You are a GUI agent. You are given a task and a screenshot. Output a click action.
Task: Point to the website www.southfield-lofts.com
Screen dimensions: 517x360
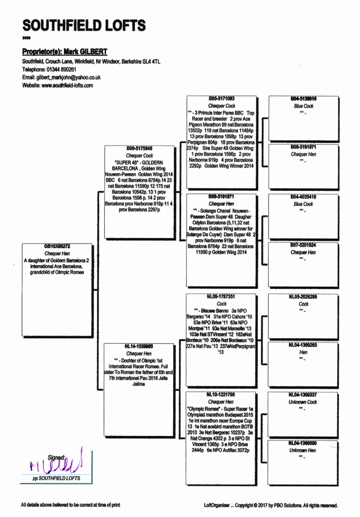[x=57, y=86]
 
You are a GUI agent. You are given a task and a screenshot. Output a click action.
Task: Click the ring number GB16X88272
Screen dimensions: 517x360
[x=57, y=246]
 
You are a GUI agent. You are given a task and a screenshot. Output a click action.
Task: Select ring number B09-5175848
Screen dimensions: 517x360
[x=140, y=148]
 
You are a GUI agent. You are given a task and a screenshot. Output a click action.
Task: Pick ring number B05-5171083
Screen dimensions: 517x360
[x=222, y=98]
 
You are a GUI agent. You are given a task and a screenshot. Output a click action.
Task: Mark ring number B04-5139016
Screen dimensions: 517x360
[x=304, y=98]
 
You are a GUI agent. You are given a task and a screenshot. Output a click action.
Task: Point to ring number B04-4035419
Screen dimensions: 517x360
[x=304, y=197]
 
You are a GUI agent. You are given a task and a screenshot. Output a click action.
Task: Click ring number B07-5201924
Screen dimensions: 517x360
[x=304, y=245]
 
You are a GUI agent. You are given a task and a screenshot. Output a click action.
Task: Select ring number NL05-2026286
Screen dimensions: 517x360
[x=304, y=297]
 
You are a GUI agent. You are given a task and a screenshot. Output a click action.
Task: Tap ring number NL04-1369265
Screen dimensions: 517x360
[x=304, y=345]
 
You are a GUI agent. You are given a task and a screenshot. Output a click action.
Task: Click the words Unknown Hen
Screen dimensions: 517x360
[x=304, y=451]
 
